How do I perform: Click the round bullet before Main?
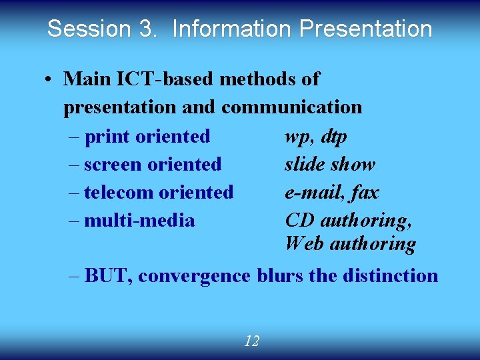click(x=49, y=79)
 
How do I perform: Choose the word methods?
click(x=259, y=79)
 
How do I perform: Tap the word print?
click(x=108, y=137)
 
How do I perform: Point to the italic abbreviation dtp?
click(x=333, y=137)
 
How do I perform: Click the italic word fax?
click(x=364, y=193)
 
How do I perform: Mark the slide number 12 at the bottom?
click(x=251, y=341)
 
